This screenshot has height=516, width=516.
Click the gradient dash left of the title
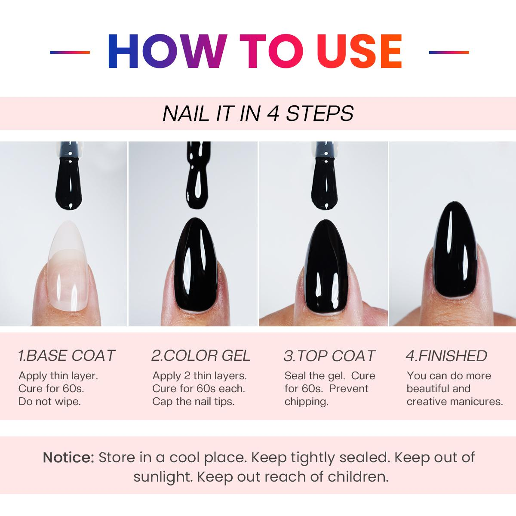click(70, 52)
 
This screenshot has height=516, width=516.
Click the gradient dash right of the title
click(449, 52)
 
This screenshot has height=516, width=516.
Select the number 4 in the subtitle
click(273, 114)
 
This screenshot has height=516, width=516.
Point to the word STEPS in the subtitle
click(320, 114)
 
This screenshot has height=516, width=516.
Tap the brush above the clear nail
click(70, 176)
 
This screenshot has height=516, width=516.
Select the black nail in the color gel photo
click(196, 265)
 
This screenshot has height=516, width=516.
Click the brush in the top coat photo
click(326, 176)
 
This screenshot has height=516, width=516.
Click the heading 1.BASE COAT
click(66, 356)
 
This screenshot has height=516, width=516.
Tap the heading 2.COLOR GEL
click(201, 356)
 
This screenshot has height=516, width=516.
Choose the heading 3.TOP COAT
click(329, 356)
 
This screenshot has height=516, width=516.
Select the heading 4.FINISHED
click(446, 356)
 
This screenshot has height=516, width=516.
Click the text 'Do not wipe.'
click(49, 402)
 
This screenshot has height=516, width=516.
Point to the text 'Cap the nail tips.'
click(193, 402)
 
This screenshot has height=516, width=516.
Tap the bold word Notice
click(68, 458)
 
